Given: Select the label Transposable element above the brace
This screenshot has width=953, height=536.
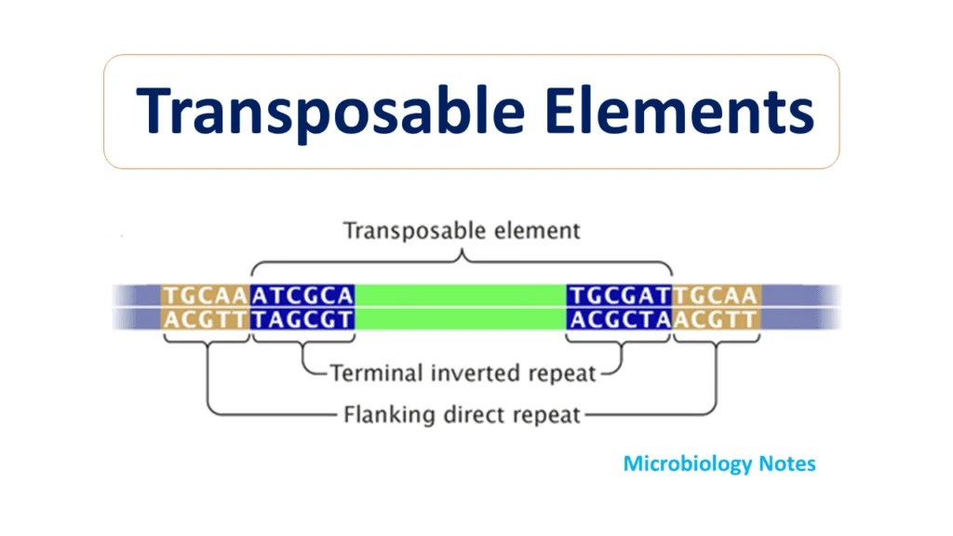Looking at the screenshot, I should (462, 229).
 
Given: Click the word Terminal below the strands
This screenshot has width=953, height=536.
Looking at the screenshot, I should (375, 374).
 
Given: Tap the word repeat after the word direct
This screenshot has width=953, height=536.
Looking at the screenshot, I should (544, 414).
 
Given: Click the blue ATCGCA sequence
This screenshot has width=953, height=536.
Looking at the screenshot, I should (303, 296).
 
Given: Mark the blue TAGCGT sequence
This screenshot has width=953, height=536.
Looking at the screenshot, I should (303, 319).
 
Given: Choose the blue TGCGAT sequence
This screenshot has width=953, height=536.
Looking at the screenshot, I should (620, 296).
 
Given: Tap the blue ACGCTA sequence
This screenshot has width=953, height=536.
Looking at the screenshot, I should (620, 319).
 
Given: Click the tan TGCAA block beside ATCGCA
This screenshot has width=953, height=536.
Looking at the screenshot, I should (206, 296).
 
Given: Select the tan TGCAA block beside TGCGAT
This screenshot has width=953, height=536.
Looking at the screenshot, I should (717, 296).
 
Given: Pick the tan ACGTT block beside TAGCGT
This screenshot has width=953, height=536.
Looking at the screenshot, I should (206, 319).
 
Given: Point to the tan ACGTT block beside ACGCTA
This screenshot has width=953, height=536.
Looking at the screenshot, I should (717, 319).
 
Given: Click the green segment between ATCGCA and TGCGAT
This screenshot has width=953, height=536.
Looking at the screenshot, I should (462, 296).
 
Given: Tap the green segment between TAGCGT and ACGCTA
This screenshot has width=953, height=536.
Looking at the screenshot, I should (462, 319).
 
